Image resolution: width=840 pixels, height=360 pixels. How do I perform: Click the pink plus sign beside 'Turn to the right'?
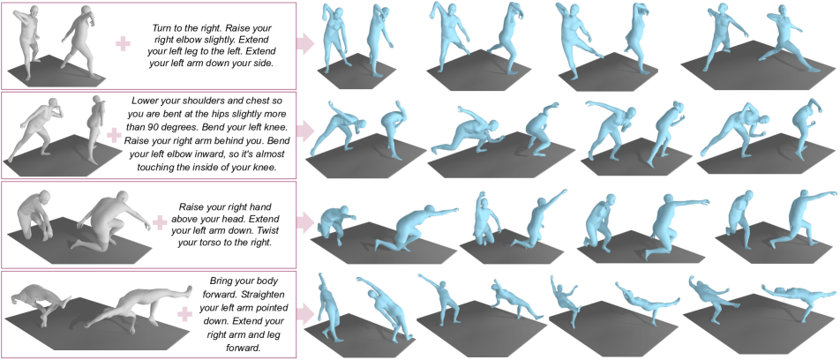pyautogui.click(x=124, y=45)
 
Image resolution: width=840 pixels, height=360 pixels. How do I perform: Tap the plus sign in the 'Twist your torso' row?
pyautogui.click(x=160, y=224)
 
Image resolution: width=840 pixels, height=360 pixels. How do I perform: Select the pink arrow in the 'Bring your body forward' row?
pyautogui.click(x=305, y=313)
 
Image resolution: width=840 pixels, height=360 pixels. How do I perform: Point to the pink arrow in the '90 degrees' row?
pyautogui.click(x=305, y=134)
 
